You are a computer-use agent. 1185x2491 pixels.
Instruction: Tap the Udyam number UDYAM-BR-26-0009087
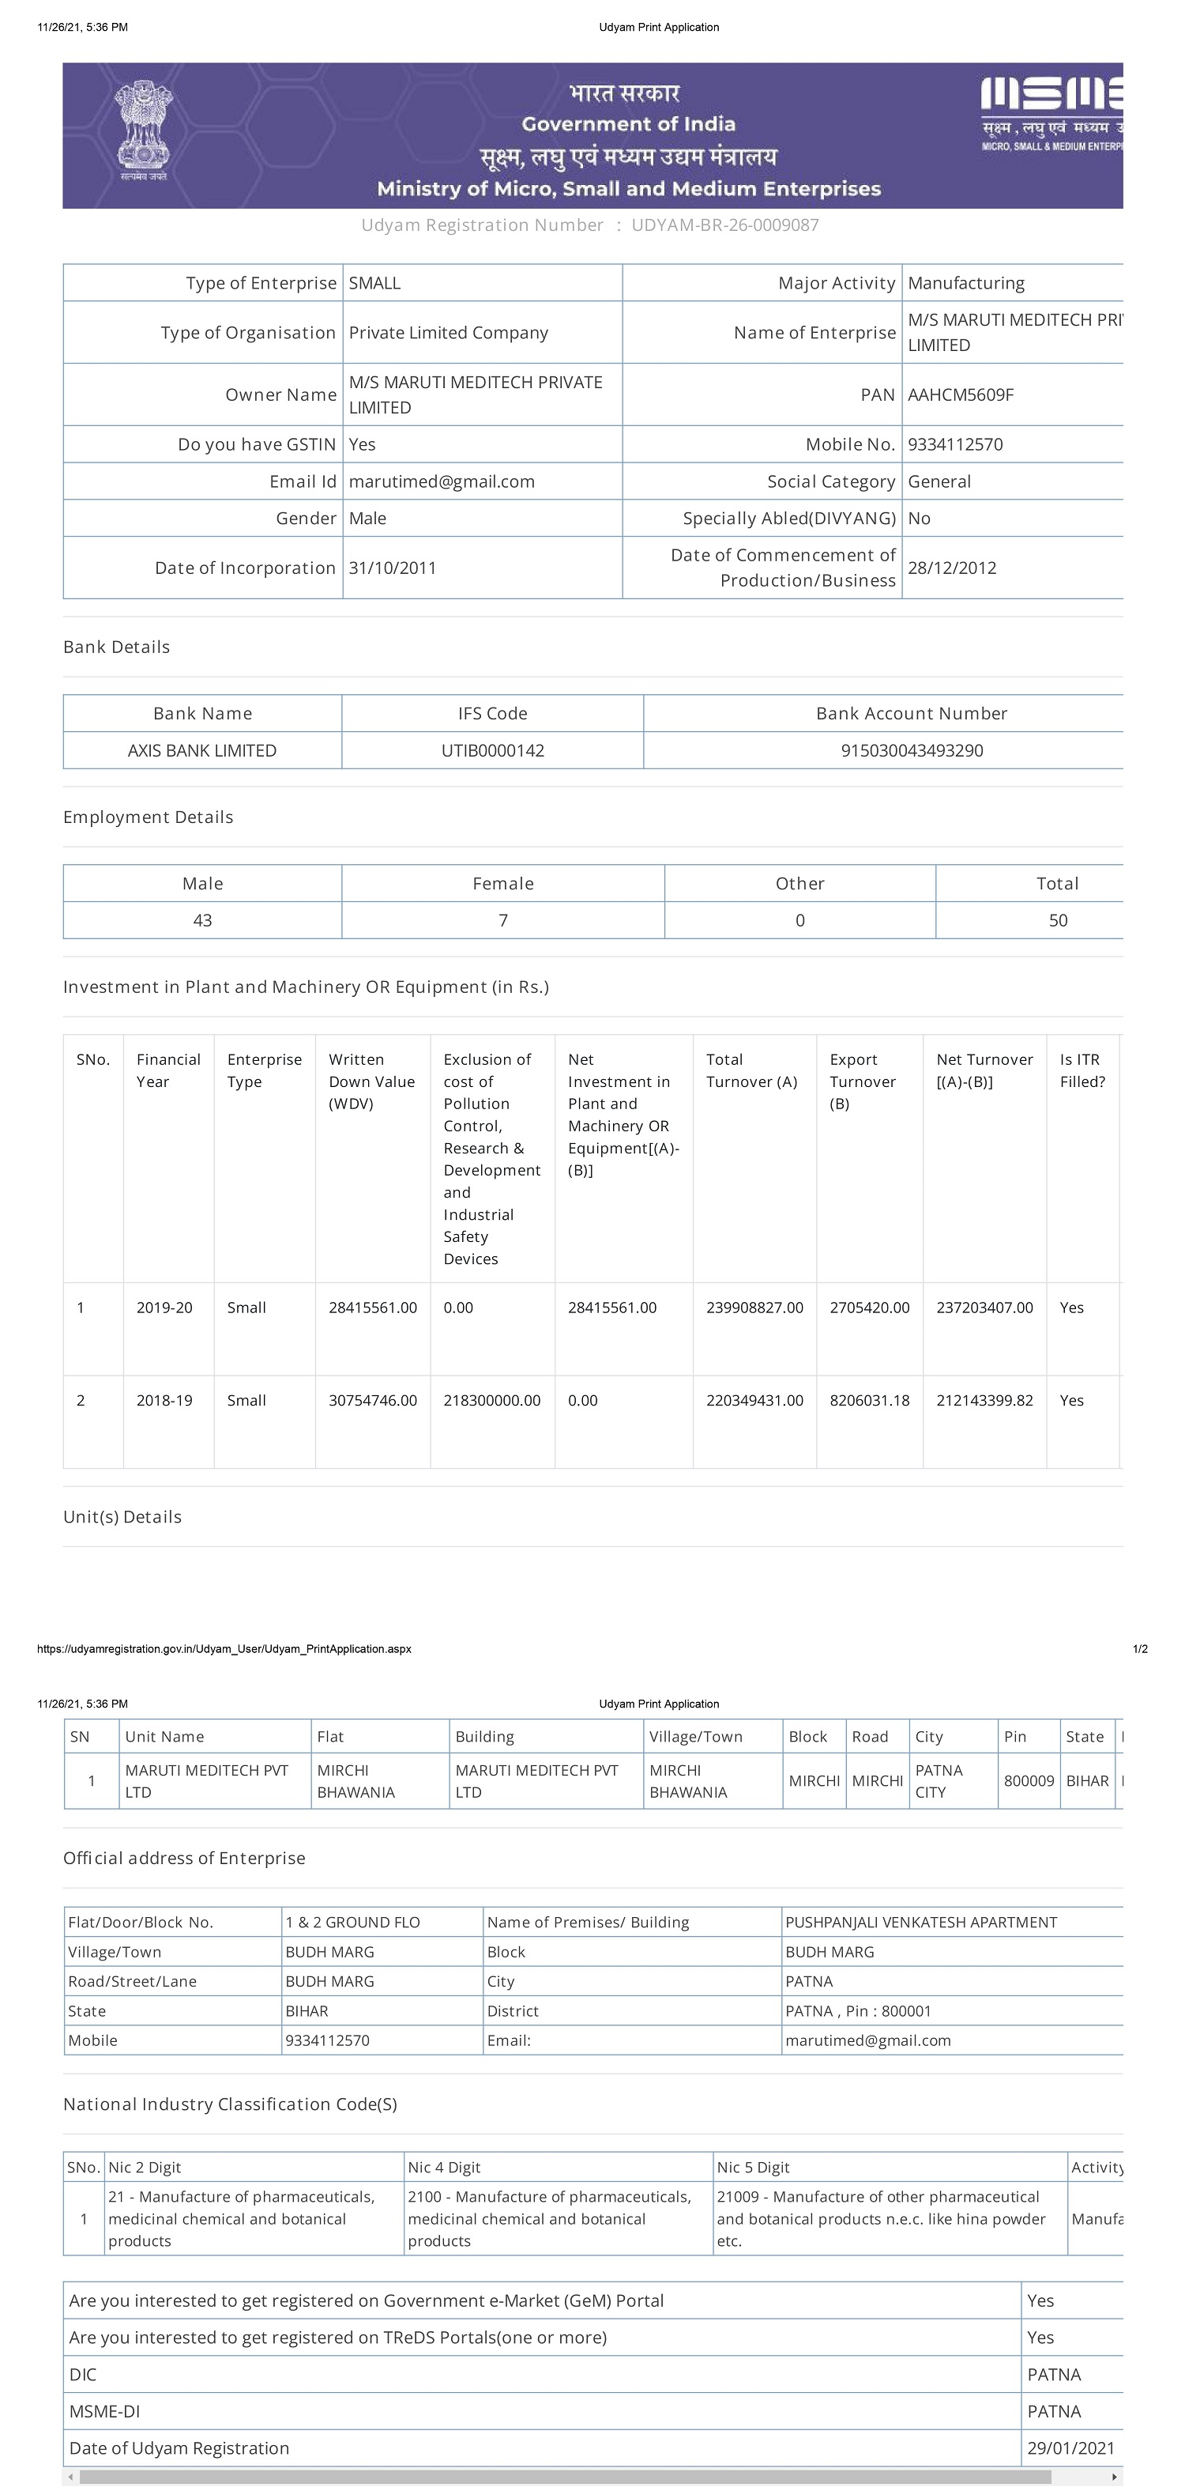point(725,225)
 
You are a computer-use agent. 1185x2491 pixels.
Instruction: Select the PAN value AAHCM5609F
point(961,394)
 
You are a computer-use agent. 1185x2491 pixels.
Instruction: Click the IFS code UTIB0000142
point(492,750)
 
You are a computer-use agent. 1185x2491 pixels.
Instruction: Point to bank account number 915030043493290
point(912,750)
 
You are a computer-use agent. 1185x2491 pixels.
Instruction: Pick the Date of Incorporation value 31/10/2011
point(393,568)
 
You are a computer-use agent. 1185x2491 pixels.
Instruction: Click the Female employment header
point(502,883)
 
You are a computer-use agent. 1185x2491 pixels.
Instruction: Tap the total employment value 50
point(1057,920)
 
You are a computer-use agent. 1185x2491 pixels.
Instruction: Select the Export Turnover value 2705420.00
point(869,1308)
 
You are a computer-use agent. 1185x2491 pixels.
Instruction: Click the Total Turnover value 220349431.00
point(754,1400)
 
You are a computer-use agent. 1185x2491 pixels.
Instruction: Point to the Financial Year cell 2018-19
point(164,1400)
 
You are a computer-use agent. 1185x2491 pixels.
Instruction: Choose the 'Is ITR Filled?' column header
point(1082,1070)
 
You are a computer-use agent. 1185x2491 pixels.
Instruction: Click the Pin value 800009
point(1029,1780)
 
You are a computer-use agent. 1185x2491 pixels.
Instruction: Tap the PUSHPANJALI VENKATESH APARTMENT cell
point(920,1923)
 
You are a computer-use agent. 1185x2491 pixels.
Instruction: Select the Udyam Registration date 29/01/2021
point(1070,2448)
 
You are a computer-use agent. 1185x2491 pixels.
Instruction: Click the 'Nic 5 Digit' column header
point(753,2167)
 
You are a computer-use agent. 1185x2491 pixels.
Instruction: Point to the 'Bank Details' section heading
point(116,647)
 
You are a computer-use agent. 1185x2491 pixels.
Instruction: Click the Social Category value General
point(939,481)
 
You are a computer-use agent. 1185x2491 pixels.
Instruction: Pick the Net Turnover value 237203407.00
point(984,1308)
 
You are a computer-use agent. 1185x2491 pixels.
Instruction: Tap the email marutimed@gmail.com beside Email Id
point(441,481)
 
